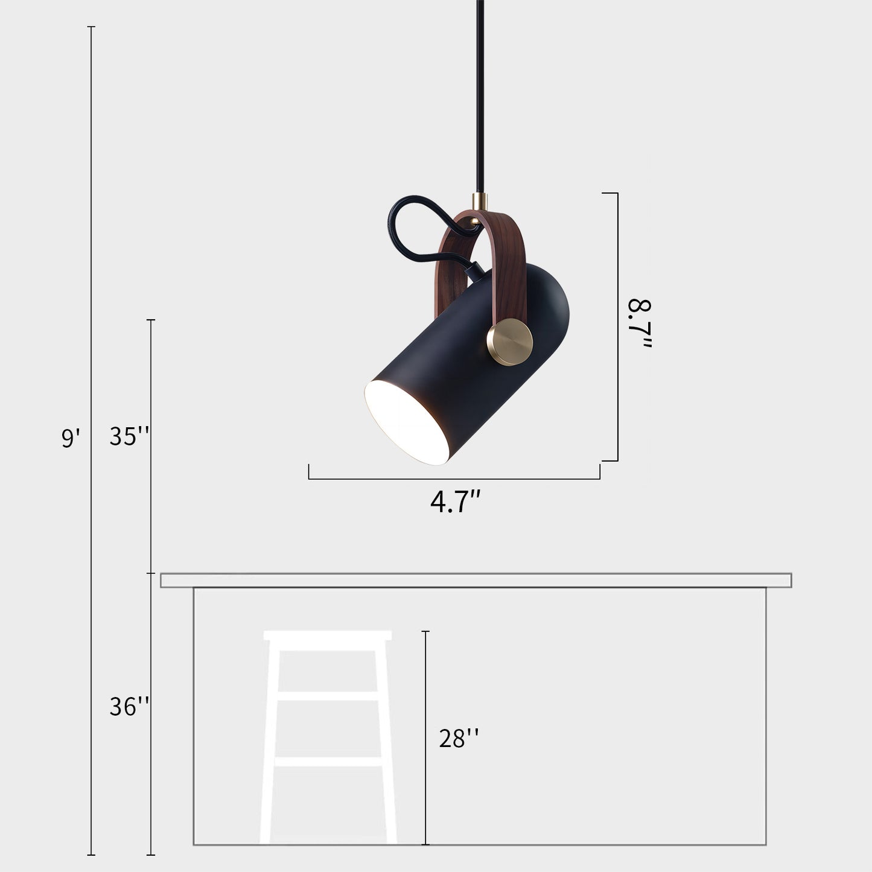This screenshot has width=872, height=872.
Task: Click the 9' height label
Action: [71, 438]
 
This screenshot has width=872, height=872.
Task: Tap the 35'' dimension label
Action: [129, 436]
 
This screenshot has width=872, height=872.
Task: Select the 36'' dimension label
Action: [129, 706]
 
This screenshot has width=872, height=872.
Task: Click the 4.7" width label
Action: [456, 502]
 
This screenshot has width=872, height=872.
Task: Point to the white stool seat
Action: [328, 636]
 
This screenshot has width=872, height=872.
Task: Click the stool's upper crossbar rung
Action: [328, 696]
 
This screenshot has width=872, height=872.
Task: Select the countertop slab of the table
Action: [476, 581]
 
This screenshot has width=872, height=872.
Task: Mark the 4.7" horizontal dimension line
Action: [454, 479]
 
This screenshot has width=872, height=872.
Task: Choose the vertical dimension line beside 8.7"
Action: [617, 326]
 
